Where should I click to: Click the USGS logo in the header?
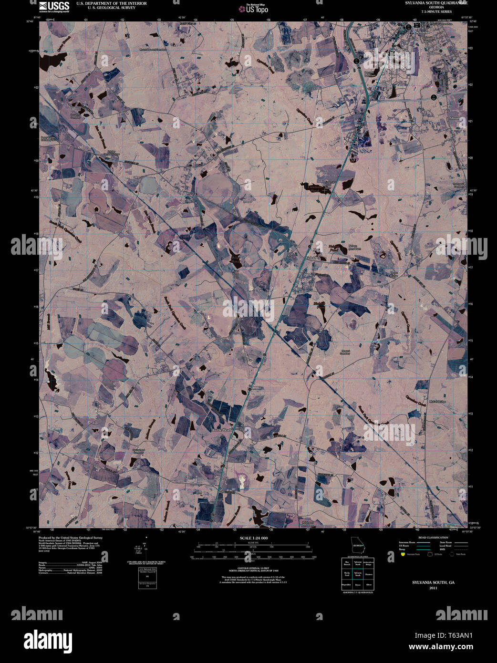point(54,6)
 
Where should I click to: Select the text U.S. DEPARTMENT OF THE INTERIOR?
point(108,3)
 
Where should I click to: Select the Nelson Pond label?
point(333,249)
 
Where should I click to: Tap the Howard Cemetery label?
point(345,352)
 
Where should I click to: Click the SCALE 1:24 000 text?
point(254,538)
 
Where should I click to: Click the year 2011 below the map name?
point(433,588)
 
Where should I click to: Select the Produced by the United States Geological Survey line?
point(71,538)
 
